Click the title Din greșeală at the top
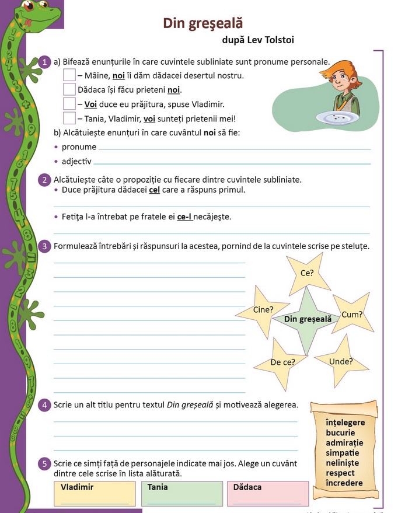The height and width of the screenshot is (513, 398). [x=203, y=23]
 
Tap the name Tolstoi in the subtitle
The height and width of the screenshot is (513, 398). [x=278, y=40]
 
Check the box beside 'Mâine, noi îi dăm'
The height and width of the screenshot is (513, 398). [x=69, y=75]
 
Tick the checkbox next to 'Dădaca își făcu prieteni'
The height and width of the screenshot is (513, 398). [x=69, y=89]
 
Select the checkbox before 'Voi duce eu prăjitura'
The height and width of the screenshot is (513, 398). [x=69, y=104]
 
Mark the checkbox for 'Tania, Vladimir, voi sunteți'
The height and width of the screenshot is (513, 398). [x=69, y=118]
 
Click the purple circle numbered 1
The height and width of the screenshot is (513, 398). [x=46, y=62]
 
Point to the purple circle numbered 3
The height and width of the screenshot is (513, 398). [x=46, y=246]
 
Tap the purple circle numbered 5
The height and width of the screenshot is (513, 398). [x=46, y=463]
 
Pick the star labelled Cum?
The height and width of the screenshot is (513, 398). [x=352, y=315]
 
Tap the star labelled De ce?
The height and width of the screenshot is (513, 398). [x=284, y=362]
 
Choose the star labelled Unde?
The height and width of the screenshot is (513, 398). [x=341, y=362]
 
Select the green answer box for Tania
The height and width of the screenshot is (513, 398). [x=181, y=494]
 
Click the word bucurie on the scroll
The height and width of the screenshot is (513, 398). [x=341, y=433]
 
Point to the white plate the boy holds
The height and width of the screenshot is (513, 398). [x=339, y=117]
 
